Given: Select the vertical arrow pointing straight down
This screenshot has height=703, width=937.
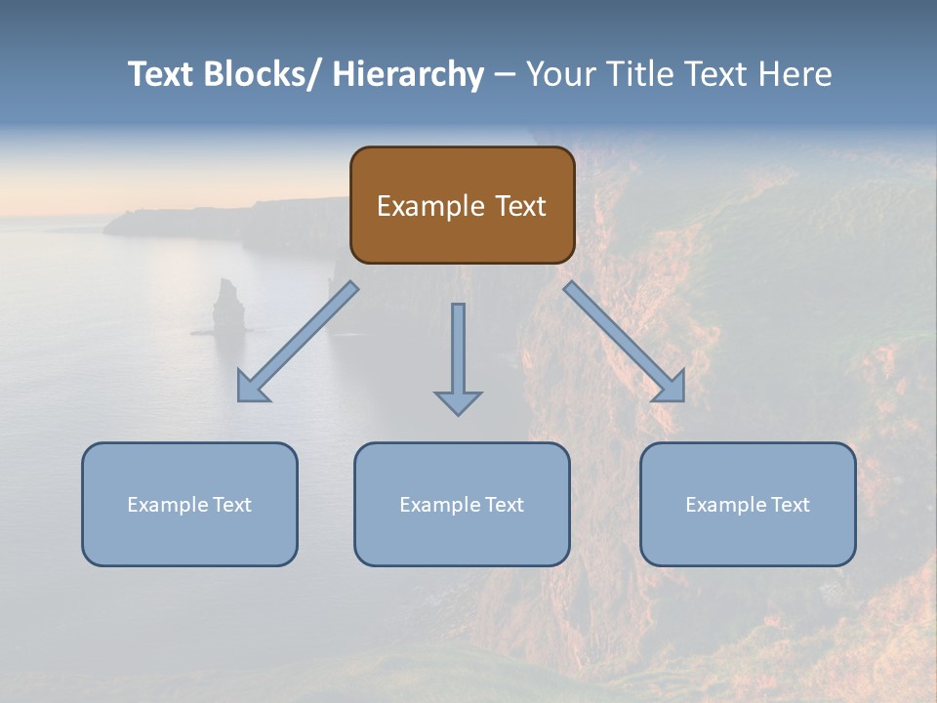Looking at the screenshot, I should coord(458,356).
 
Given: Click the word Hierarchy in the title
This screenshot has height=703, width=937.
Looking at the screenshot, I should coord(408,74).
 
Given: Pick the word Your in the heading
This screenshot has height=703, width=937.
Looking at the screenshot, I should coord(561,74).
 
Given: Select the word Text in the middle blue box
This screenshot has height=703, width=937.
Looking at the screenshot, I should coord(502,505).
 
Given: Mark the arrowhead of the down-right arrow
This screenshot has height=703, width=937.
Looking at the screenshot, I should coord(671,387).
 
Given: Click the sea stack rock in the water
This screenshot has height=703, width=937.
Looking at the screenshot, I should coord(227,304).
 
